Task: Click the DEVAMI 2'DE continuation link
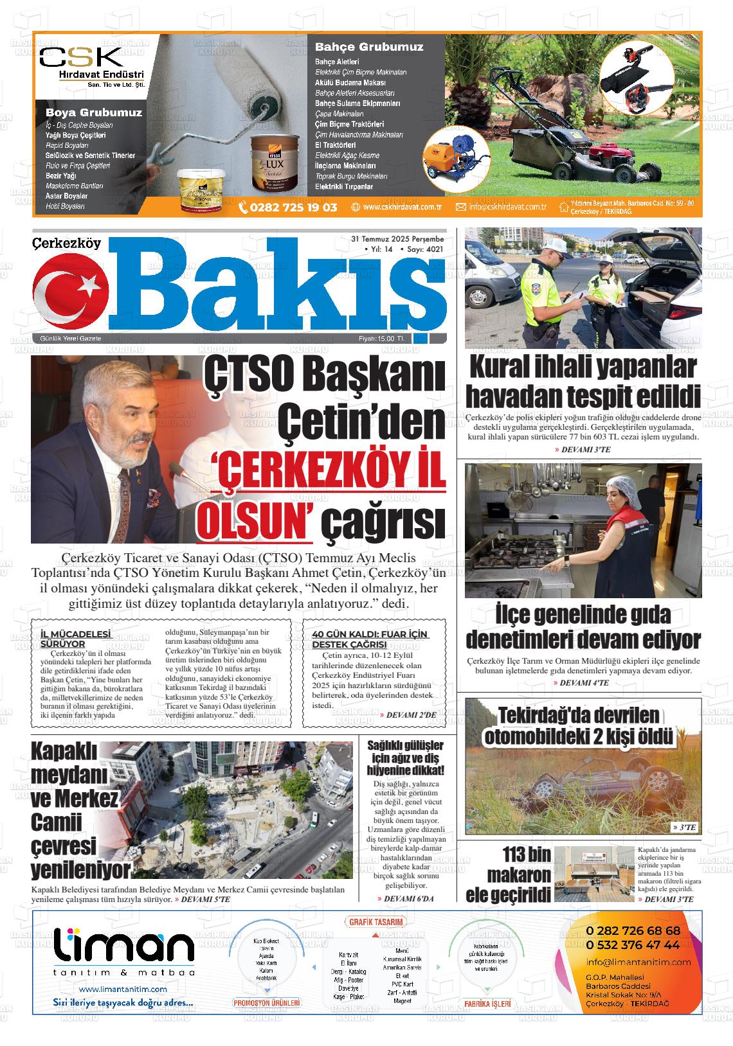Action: tap(411, 714)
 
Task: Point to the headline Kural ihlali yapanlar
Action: tap(583, 368)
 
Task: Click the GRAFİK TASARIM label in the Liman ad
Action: tap(377, 922)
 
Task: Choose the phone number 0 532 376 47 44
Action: tap(633, 945)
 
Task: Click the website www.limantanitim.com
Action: tap(123, 989)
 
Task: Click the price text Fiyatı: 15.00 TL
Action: tap(382, 339)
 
